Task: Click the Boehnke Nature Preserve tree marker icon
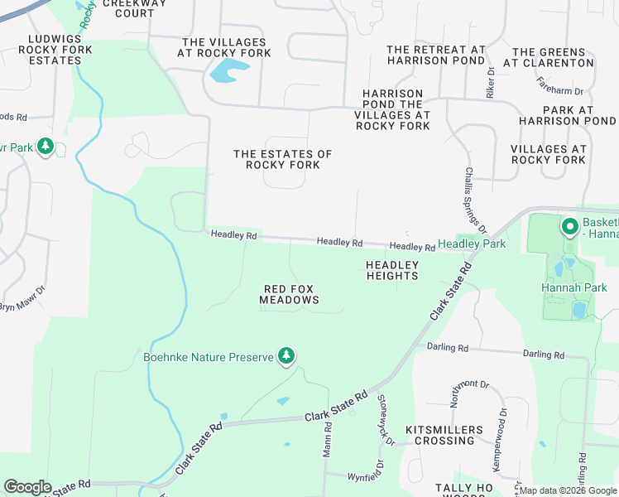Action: (286, 356)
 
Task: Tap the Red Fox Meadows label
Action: (290, 295)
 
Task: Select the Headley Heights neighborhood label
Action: (392, 270)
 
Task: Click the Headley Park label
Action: (472, 244)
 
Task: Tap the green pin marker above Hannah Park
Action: (569, 225)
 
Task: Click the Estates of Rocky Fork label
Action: (282, 159)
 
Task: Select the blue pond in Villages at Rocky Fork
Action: (228, 71)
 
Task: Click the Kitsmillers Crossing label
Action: (444, 435)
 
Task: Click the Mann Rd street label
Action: (327, 439)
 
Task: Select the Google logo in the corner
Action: (27, 486)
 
